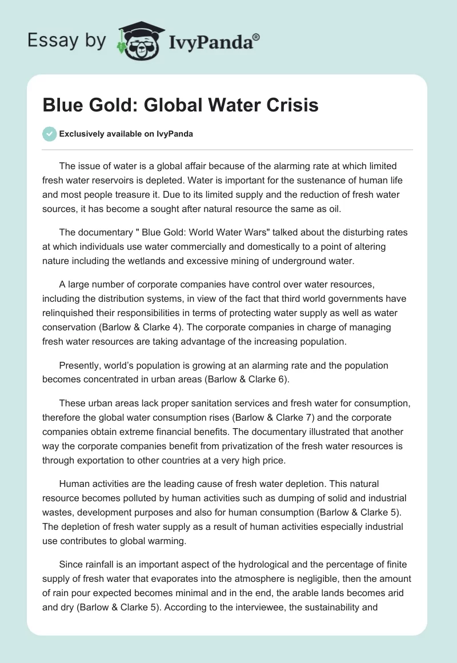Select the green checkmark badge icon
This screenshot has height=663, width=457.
point(49,134)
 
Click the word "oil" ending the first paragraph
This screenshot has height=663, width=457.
point(334,209)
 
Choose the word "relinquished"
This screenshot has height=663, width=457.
point(70,313)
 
